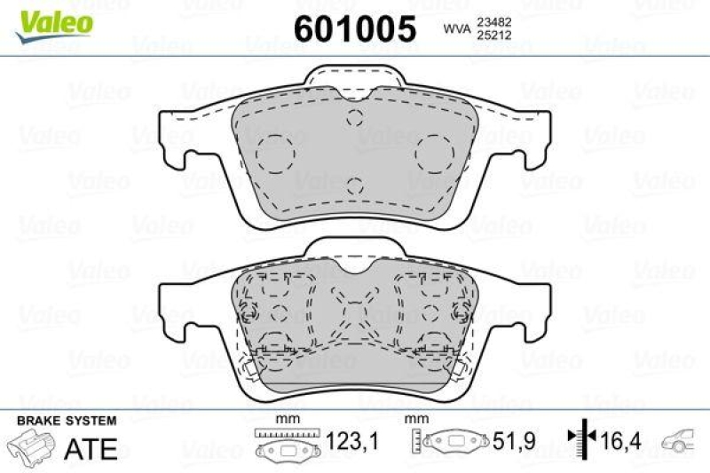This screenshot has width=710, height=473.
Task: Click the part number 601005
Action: [354, 29]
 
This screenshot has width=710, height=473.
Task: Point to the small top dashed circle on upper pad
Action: [355, 120]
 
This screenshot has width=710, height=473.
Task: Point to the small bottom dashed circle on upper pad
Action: [355, 185]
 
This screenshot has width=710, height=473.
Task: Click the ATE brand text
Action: [91, 448]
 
